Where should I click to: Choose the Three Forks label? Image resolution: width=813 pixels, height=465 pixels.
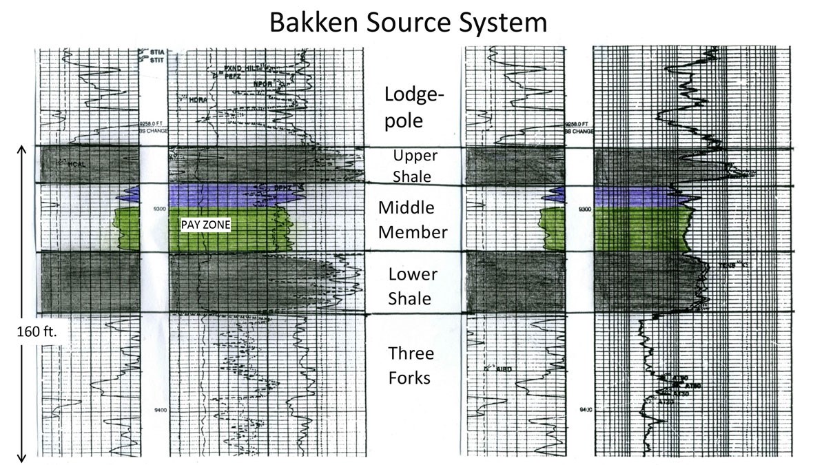[x=411, y=366]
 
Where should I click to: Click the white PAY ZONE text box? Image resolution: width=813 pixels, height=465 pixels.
[x=205, y=225]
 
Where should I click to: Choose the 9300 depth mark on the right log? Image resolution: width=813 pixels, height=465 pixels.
[x=584, y=209]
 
